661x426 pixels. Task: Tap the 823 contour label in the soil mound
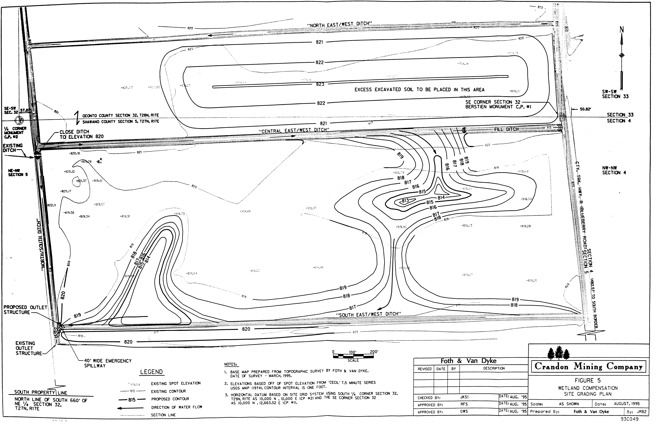[320, 84]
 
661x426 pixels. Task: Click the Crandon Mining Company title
[589, 367]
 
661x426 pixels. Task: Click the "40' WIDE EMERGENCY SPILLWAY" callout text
[108, 363]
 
